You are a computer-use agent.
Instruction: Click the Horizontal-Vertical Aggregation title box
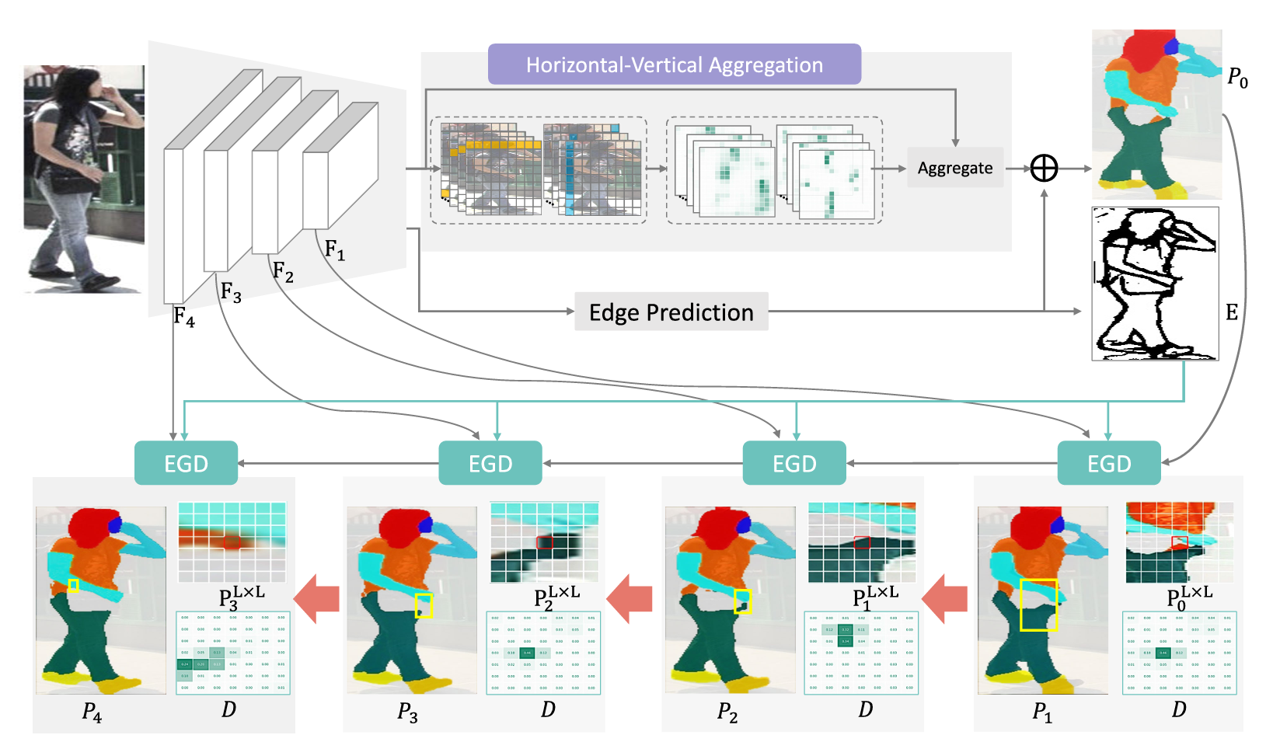coord(674,64)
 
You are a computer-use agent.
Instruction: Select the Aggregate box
coord(955,168)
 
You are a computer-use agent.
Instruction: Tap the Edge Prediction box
coord(671,312)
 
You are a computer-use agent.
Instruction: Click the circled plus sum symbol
coord(1044,168)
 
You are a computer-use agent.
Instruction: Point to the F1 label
coord(334,249)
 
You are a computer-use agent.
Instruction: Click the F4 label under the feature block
coord(183,316)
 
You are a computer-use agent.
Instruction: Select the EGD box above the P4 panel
coord(186,463)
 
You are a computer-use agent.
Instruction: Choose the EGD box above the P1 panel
coord(1108,463)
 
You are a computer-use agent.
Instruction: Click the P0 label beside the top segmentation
coord(1237,77)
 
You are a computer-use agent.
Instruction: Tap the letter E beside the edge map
coord(1232,312)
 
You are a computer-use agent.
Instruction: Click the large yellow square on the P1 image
coord(1038,604)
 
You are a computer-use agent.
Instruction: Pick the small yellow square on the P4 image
coord(73,585)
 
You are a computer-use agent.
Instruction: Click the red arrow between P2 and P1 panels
coord(944,598)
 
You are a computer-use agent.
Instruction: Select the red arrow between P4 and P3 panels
coord(316,598)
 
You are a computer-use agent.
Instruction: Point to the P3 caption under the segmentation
coord(408,712)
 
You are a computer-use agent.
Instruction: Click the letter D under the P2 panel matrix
coord(865,709)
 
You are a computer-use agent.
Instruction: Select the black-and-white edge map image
coord(1155,284)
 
